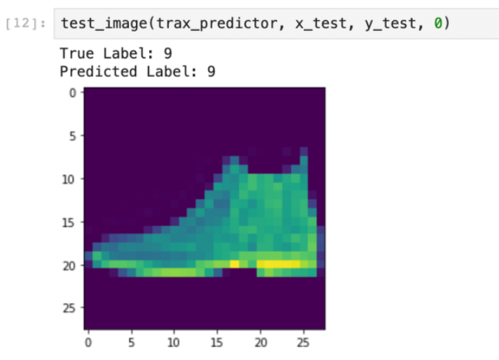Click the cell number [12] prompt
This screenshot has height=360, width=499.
[25, 24]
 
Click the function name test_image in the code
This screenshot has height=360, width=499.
[104, 24]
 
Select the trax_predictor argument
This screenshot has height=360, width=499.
[217, 24]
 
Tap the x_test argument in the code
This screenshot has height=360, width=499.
[320, 24]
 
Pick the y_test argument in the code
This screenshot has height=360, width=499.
[390, 24]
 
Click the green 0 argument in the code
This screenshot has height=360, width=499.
[438, 23]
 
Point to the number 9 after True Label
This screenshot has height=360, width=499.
[168, 53]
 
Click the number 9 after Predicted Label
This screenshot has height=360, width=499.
[211, 71]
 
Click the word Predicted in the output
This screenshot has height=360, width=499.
[99, 71]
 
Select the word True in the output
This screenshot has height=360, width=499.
[77, 53]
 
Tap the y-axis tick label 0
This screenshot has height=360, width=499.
[73, 93]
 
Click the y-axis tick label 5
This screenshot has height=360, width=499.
[73, 136]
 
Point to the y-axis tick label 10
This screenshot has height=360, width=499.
[68, 179]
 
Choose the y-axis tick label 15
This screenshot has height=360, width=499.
[68, 222]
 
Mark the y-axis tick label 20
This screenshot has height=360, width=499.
[68, 266]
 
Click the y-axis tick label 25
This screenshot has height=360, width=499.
[68, 308]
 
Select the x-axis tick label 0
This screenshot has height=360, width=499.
[88, 343]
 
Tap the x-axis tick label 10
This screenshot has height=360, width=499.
[174, 343]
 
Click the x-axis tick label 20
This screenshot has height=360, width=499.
[261, 343]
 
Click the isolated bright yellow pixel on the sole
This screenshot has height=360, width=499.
[235, 264]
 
